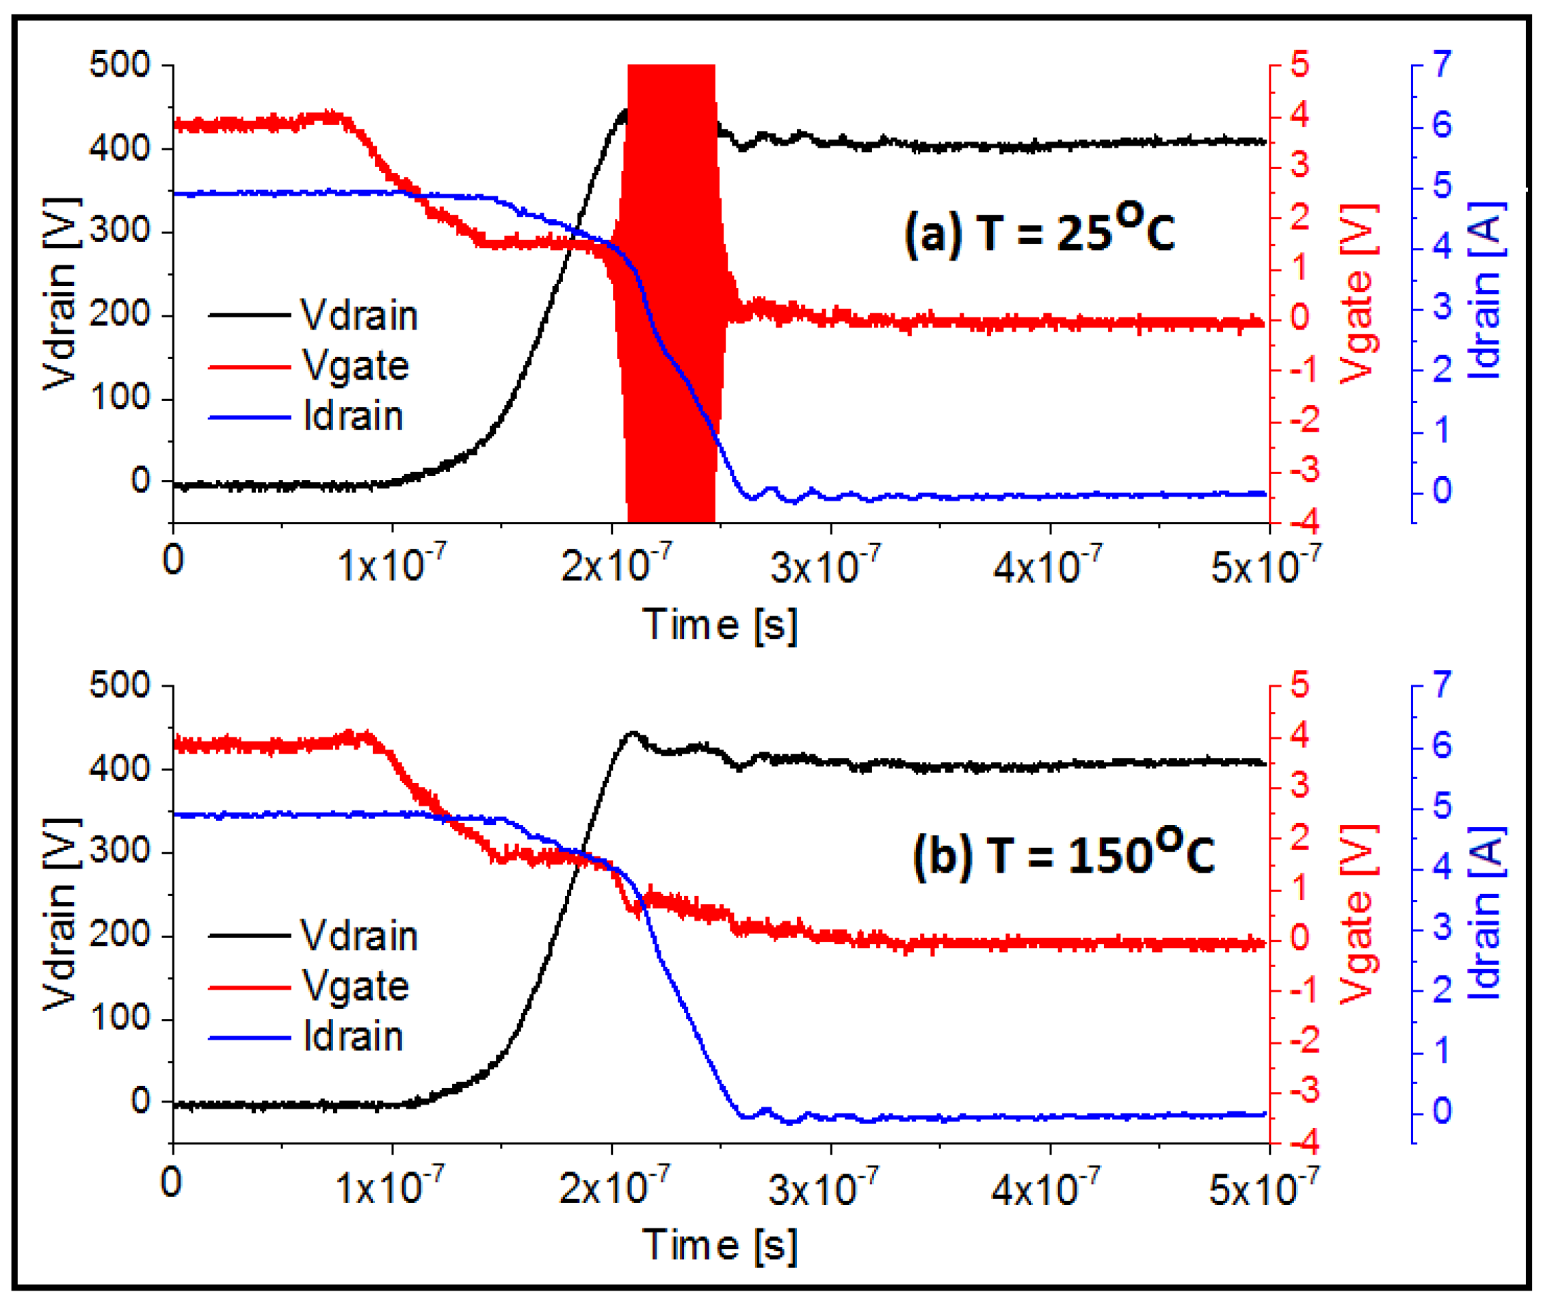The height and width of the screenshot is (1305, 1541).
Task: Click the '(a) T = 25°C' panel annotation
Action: pos(1038,230)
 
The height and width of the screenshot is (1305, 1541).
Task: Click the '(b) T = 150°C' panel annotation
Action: pos(1062,852)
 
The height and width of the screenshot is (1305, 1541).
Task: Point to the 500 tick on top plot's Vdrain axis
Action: pos(120,65)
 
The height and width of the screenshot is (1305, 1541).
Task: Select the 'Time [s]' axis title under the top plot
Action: pos(719,624)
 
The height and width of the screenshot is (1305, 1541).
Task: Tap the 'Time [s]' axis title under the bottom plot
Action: pos(719,1244)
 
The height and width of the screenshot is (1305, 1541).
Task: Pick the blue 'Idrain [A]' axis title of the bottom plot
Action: pos(1486,913)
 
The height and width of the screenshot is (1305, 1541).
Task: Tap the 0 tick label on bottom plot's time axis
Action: pos(172,1182)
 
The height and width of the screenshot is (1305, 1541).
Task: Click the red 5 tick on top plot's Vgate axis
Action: pos(1300,65)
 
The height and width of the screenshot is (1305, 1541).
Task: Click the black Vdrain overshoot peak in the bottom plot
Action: pos(632,734)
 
